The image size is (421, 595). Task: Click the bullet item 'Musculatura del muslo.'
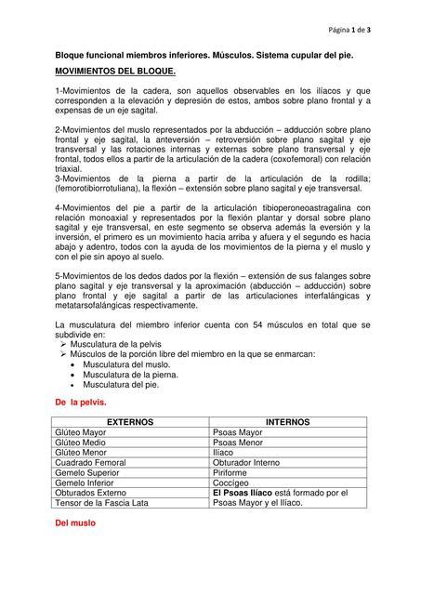tap(126, 364)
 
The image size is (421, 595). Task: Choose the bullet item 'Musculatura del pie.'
tap(122, 384)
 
